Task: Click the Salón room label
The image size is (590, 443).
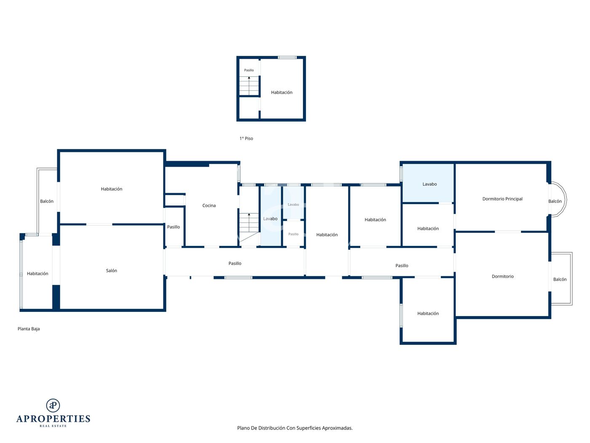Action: pos(111,270)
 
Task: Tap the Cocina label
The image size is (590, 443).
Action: pos(209,205)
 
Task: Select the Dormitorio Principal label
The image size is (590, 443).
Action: pos(502,199)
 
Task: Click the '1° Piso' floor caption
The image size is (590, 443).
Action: pos(246,138)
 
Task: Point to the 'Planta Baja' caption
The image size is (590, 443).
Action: pos(29,329)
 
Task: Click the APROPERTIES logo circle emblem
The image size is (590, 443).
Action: pos(53,405)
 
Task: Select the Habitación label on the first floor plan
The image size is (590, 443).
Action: pos(282,92)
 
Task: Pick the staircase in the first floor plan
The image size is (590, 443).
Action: pos(249,86)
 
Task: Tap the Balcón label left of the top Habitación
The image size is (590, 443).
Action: pos(47,201)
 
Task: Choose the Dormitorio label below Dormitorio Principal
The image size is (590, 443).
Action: pos(502,276)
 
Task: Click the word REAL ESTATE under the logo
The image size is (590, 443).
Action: pos(53,426)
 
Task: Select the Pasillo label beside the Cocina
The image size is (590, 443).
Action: pos(173,227)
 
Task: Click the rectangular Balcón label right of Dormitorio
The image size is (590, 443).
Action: pos(560,279)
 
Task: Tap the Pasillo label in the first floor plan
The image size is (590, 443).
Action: pos(249,70)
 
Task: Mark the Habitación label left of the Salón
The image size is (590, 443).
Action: pos(38,273)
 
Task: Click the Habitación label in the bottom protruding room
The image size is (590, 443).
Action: pos(428,313)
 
